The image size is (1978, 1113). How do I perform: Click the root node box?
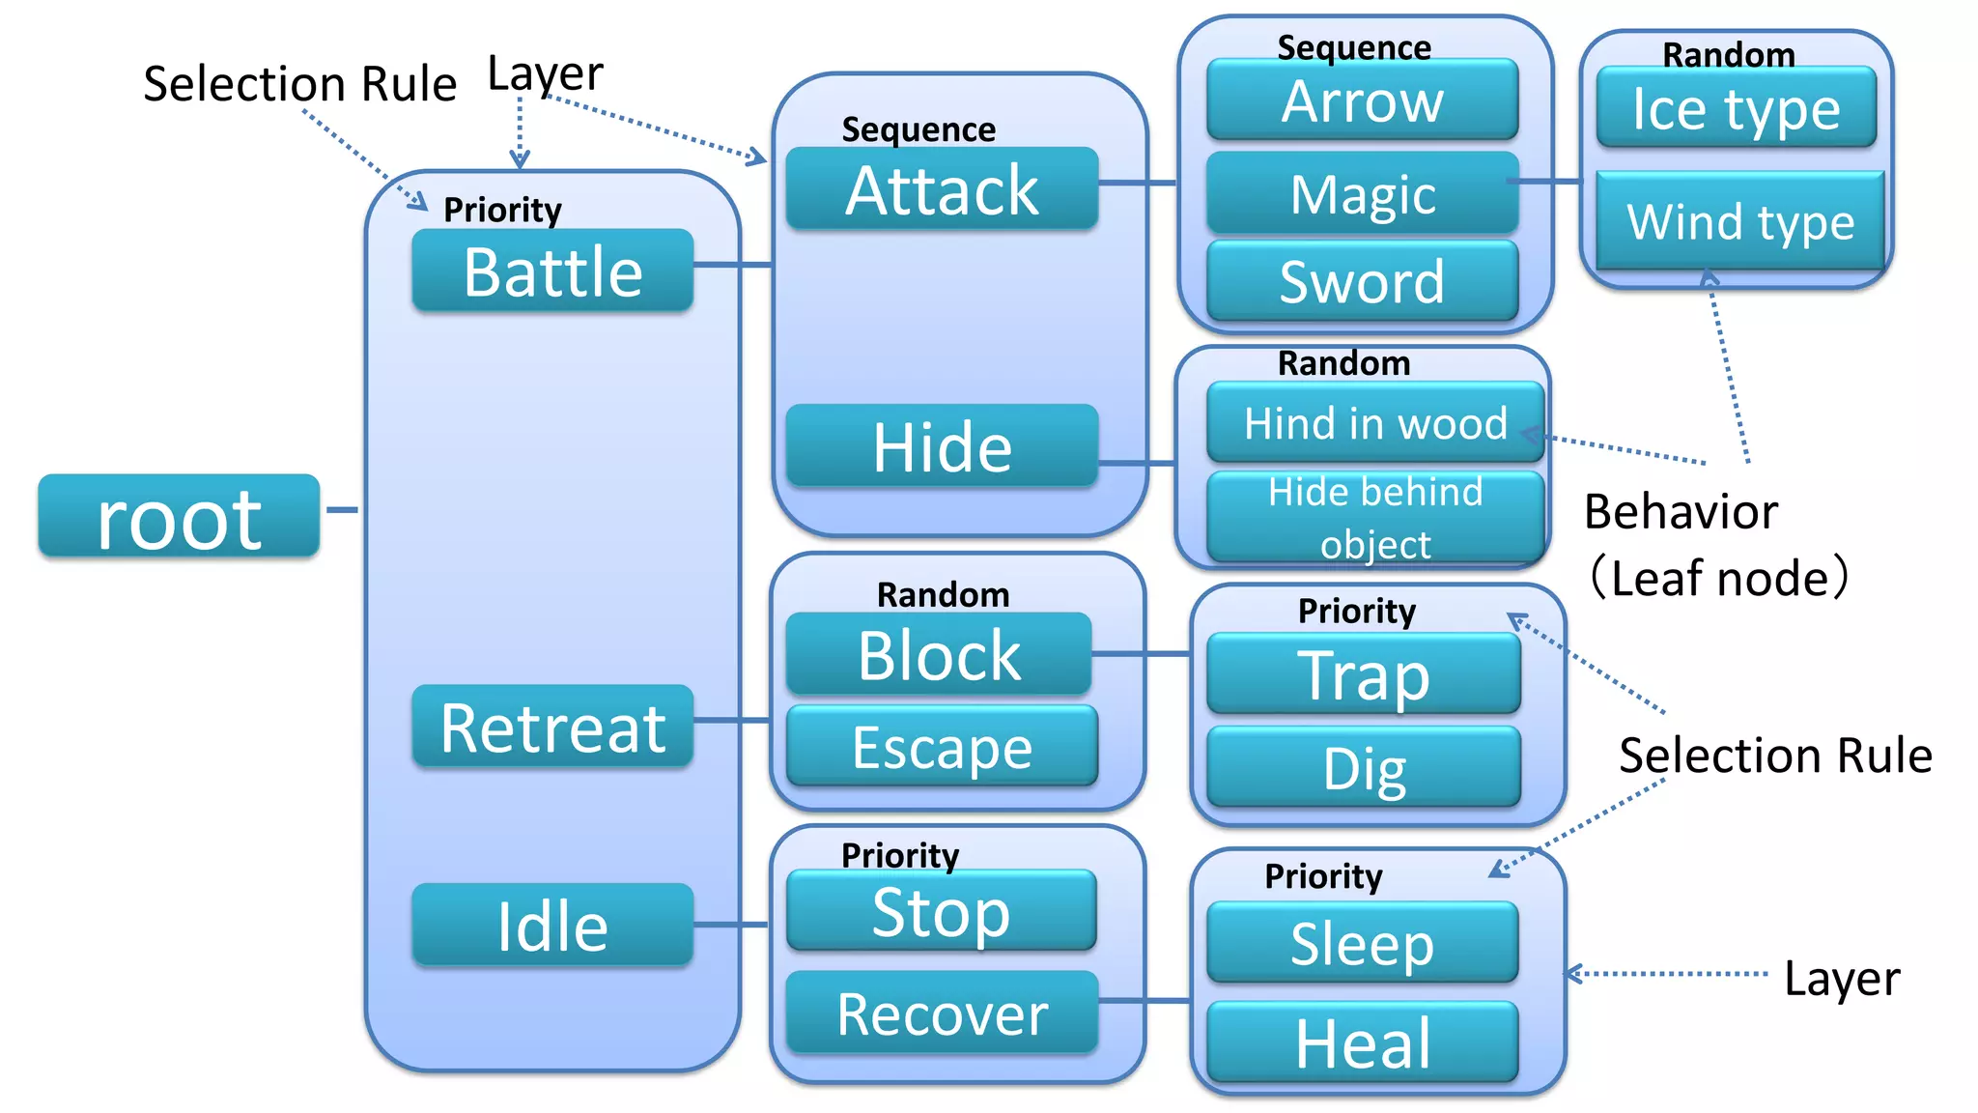[x=179, y=516]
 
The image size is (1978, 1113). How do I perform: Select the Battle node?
[x=552, y=271]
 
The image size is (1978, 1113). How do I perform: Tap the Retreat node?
[x=552, y=727]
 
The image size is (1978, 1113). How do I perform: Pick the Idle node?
[x=552, y=925]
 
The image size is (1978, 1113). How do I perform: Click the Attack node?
[x=942, y=189]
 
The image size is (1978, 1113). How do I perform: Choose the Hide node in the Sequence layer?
[x=942, y=446]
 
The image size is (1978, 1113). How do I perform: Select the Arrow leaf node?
[x=1362, y=100]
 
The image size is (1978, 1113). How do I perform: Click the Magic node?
[x=1362, y=193]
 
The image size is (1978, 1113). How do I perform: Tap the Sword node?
[x=1362, y=281]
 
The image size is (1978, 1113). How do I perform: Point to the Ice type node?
[x=1736, y=108]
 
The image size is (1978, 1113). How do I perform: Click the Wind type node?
[x=1739, y=221]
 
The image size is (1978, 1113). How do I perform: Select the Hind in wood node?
[x=1375, y=423]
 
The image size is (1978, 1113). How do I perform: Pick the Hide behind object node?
[x=1375, y=518]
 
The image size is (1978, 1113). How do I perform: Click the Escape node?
[x=942, y=746]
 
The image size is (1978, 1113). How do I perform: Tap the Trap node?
[x=1363, y=674]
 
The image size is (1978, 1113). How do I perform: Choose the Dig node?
[x=1363, y=767]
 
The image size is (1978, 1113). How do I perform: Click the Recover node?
[x=942, y=1013]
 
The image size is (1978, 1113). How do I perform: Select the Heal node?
[x=1362, y=1042]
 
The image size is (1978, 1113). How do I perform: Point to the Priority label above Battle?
[x=502, y=210]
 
